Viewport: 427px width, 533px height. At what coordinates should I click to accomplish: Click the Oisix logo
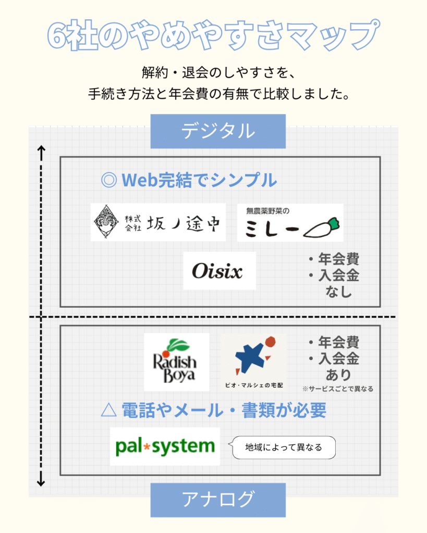[219, 271]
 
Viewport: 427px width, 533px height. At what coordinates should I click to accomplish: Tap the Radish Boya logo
[176, 362]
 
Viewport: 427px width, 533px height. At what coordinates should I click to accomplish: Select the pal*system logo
[165, 446]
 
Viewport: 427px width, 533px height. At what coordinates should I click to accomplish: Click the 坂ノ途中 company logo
[158, 222]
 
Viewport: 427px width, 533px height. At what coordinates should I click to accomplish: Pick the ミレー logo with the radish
[290, 223]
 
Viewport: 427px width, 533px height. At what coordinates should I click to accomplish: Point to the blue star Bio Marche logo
[254, 362]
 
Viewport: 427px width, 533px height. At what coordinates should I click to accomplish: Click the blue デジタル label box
[218, 131]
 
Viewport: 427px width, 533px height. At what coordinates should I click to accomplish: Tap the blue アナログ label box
[218, 500]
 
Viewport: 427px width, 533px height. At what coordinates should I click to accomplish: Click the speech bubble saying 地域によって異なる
[283, 447]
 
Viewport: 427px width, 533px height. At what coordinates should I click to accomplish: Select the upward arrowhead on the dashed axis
[41, 149]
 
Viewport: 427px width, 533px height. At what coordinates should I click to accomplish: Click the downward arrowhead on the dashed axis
[41, 482]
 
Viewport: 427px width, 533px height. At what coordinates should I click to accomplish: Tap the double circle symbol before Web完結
[109, 180]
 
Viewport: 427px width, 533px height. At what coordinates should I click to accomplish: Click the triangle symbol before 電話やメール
[109, 410]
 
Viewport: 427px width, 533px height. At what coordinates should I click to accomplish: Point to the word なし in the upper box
[338, 291]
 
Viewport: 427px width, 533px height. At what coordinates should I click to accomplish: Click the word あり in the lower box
[338, 375]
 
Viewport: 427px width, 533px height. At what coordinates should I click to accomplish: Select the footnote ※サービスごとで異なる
[338, 389]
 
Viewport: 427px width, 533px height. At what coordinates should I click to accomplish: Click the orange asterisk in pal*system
[147, 446]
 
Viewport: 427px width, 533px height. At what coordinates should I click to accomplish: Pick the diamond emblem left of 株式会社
[106, 222]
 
